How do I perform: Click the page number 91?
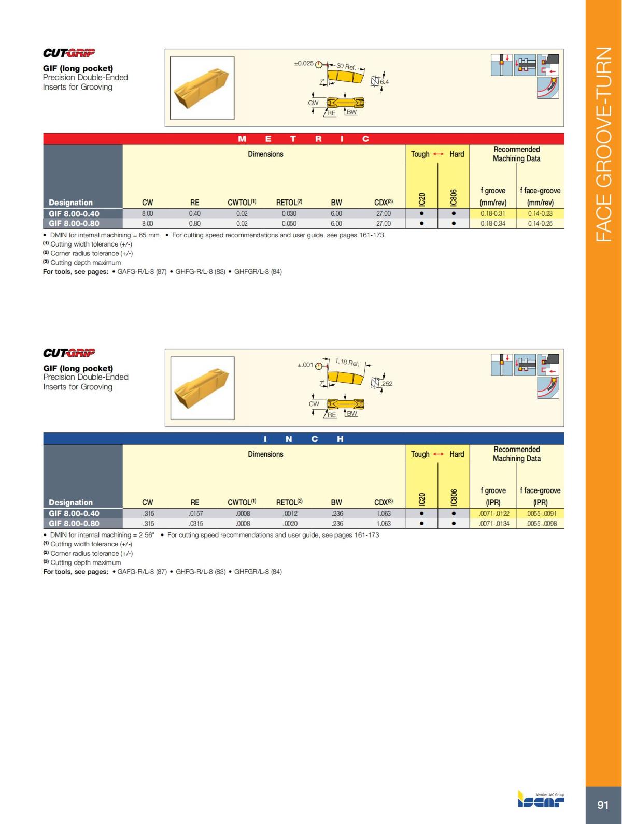(x=603, y=804)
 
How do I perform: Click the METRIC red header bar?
(x=304, y=139)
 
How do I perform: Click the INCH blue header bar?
(x=304, y=439)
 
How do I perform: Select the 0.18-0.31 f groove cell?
(x=493, y=213)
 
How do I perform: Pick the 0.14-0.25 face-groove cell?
(x=540, y=223)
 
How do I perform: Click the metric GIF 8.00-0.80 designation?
(x=74, y=223)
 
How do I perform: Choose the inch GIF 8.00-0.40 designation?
(x=74, y=514)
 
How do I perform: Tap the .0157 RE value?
(x=195, y=514)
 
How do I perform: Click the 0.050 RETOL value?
(x=289, y=223)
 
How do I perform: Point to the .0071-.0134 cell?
(x=493, y=523)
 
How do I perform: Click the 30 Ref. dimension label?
(x=346, y=66)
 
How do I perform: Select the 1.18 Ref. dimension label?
(x=347, y=362)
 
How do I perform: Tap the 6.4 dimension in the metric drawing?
(x=384, y=82)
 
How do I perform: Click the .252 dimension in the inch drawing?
(x=387, y=384)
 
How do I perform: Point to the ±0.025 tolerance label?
(x=304, y=63)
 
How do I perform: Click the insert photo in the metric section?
(x=202, y=88)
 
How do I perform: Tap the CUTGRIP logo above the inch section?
(x=69, y=353)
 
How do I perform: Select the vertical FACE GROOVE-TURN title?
(x=603, y=144)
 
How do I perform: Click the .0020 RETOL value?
(x=290, y=523)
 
